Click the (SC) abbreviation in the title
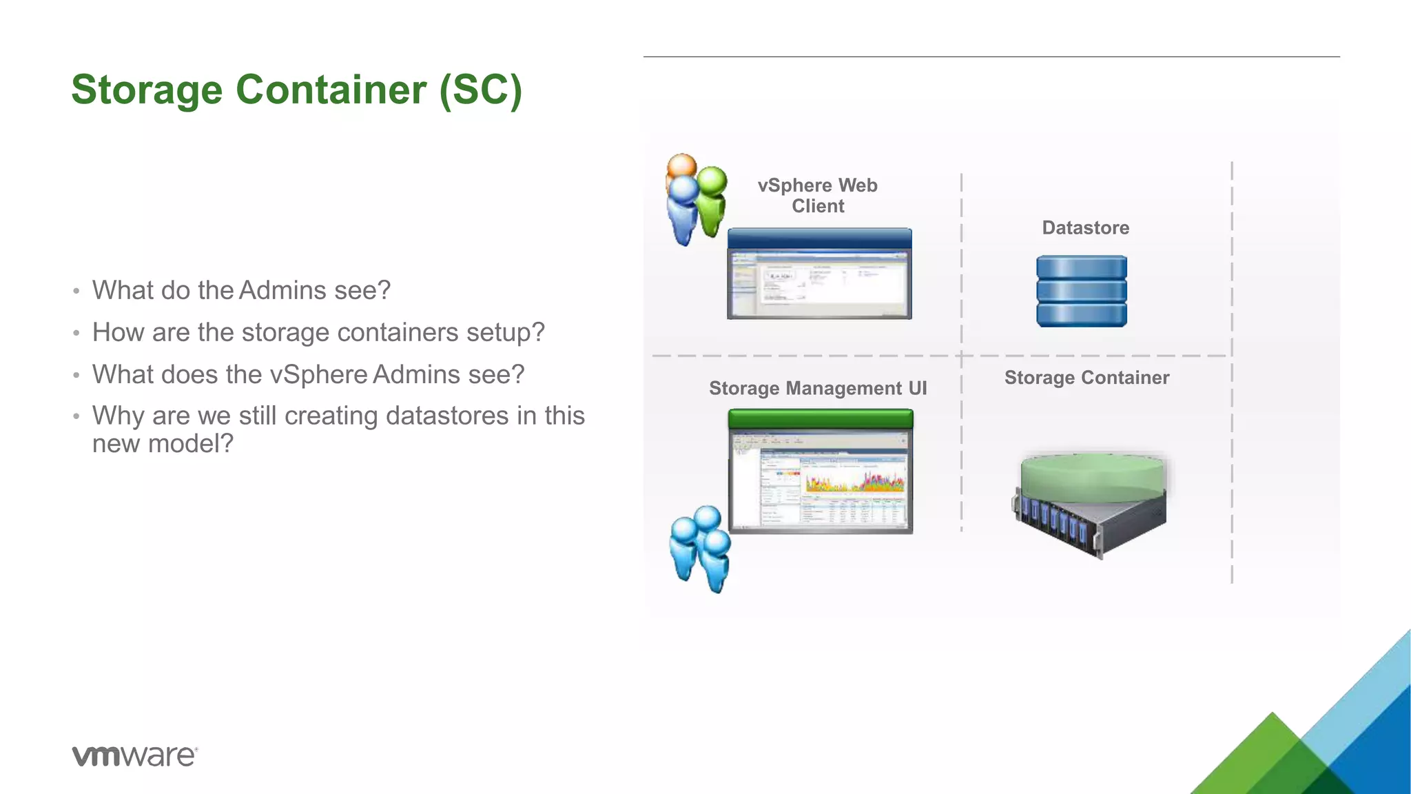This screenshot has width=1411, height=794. point(481,90)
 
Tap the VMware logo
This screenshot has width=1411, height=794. point(135,755)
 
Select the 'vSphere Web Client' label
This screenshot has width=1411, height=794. point(818,196)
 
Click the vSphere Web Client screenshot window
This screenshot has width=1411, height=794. point(819,274)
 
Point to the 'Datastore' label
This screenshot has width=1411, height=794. point(1085,228)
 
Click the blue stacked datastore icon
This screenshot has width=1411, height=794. point(1082,291)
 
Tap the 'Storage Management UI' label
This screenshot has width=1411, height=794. point(818,389)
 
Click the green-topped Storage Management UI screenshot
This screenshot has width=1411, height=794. point(820,471)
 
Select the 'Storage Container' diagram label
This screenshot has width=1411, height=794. point(1086,378)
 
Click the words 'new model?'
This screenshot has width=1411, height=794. point(163,444)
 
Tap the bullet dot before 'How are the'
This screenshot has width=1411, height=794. point(76,334)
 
